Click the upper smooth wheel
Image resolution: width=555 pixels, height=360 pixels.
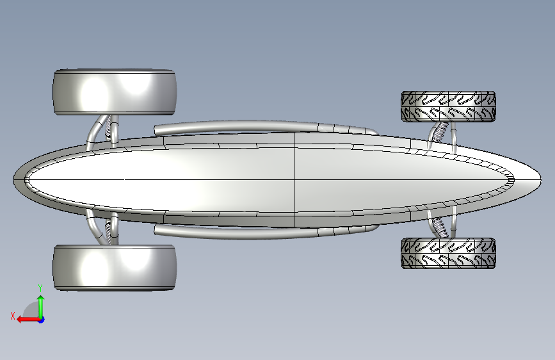(x=115, y=92)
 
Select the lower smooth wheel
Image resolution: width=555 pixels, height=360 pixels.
(x=115, y=267)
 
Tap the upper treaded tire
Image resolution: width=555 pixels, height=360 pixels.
(x=448, y=106)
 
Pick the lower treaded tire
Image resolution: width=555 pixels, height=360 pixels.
(x=448, y=253)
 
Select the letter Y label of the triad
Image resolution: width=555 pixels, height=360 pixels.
(x=40, y=288)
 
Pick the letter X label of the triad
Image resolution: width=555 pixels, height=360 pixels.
(x=12, y=315)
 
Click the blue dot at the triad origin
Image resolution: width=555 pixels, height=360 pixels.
(x=41, y=319)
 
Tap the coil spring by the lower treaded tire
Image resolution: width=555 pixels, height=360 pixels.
(x=440, y=226)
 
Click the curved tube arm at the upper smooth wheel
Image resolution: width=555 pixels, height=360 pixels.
(x=96, y=131)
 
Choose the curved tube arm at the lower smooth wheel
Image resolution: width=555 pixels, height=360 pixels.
(x=95, y=228)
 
